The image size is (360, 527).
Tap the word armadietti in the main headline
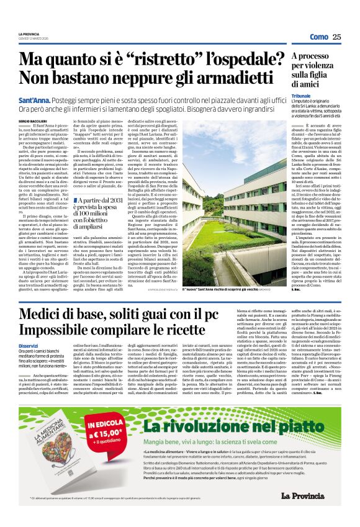[x=216, y=78]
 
